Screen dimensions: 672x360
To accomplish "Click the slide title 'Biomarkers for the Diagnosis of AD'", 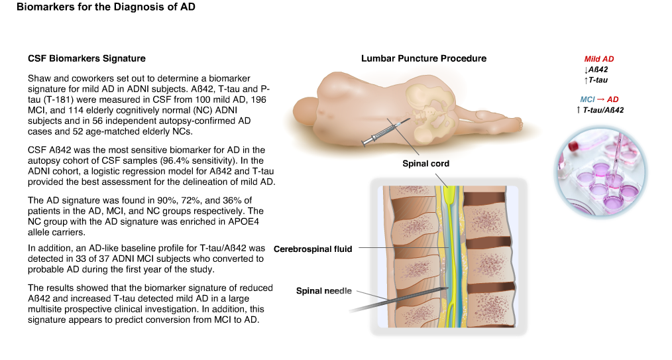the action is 106,7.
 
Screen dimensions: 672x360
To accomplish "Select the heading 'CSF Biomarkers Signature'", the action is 87,58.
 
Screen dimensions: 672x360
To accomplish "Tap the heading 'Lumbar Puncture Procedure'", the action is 423,58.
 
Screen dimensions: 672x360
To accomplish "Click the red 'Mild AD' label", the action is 598,59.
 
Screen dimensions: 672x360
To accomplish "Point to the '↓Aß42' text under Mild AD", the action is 596,70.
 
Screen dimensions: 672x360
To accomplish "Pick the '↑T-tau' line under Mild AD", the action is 596,80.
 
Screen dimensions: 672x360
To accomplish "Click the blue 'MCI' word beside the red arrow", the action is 588,99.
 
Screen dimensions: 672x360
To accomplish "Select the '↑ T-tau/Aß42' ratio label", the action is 600,110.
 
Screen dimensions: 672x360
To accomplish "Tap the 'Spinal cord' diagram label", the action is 425,164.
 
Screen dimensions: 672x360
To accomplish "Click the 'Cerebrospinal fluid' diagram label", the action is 313,249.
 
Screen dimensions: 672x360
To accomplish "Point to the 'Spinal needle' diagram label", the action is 323,291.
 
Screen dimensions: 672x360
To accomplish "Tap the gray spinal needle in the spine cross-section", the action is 398,300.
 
